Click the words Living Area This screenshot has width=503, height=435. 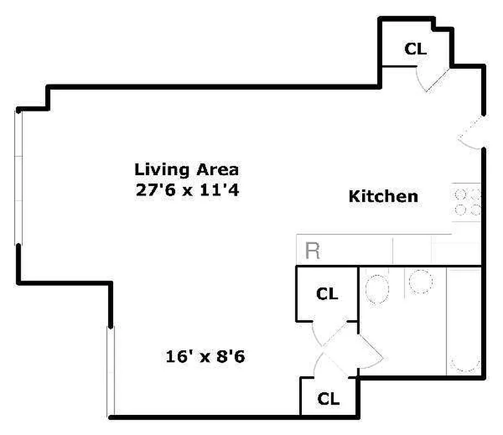coord(187,170)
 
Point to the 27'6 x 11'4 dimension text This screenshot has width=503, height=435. coord(188,190)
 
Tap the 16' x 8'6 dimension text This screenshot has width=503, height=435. coord(206,356)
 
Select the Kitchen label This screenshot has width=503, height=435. coord(383,196)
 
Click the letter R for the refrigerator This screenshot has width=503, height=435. coord(313,251)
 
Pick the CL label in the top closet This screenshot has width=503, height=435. coord(415,49)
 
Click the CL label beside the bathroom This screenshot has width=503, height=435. coord(327,294)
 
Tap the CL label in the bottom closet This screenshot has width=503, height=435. coord(328,399)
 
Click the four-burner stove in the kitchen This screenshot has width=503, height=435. coord(467,202)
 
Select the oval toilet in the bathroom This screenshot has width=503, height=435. coord(377,289)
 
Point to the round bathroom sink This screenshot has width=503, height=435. coord(420,282)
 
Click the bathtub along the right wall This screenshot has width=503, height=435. coord(464,321)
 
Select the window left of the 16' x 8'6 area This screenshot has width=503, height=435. coord(111,371)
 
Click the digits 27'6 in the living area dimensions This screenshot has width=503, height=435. coord(156,190)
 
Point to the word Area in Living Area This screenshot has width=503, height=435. coord(218,170)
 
